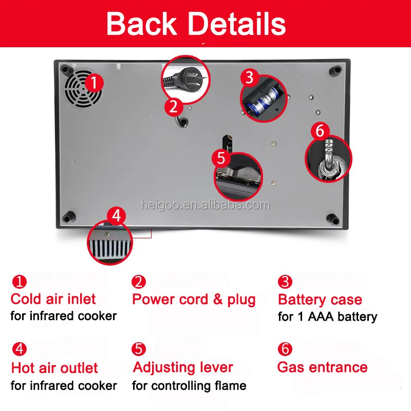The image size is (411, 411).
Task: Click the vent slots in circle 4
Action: point(109,250)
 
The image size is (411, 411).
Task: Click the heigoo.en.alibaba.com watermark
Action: point(206,205)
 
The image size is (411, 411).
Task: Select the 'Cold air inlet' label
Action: point(53,299)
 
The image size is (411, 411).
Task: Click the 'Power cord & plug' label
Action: point(194,299)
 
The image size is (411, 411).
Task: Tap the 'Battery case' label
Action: point(320,300)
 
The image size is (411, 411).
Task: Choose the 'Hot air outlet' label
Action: point(54,368)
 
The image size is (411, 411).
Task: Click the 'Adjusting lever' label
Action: point(183,367)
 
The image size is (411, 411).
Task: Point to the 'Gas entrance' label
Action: point(322,367)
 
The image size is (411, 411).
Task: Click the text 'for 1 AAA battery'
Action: point(327,316)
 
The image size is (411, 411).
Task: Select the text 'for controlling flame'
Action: point(189,385)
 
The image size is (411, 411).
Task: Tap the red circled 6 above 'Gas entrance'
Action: point(285,349)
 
